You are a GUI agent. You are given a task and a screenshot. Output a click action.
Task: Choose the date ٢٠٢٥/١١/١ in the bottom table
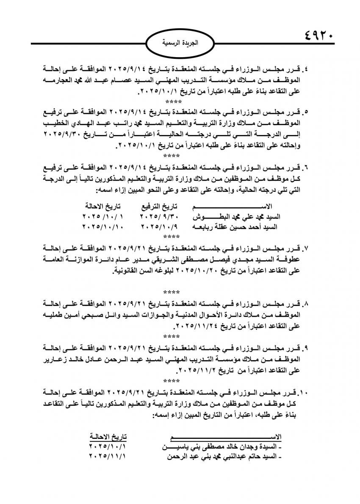pos(108,457)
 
